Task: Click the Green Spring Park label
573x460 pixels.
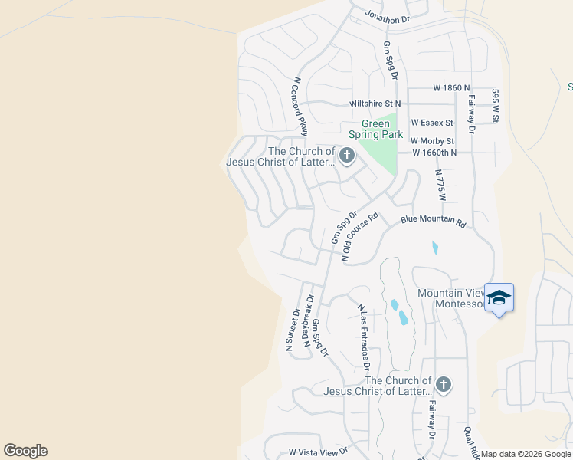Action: [x=381, y=129]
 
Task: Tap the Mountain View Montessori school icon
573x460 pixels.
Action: [x=499, y=297]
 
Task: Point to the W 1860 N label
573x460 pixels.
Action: [x=451, y=88]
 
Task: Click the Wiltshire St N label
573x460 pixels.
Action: [x=375, y=103]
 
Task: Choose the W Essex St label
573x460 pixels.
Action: [x=432, y=122]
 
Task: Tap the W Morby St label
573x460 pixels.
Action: [x=433, y=141]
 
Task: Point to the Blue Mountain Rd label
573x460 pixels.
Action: [x=434, y=222]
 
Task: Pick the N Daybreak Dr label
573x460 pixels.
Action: [x=309, y=321]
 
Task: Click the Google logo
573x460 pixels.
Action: [x=25, y=451]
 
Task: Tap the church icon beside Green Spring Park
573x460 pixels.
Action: [x=346, y=157]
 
